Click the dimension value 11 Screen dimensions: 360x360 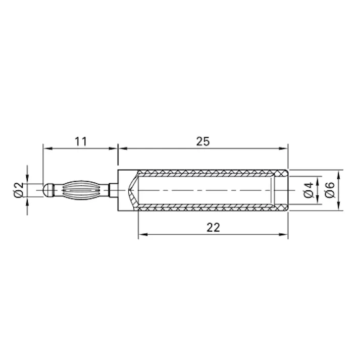[x=80, y=141]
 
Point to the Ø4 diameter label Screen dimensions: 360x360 [x=307, y=190]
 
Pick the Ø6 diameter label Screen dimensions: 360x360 [x=329, y=190]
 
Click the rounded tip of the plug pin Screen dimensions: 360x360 [x=47, y=190]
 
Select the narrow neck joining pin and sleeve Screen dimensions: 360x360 [x=114, y=190]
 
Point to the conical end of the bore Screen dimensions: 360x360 [x=133, y=190]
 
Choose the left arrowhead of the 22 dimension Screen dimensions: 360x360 [x=142, y=234]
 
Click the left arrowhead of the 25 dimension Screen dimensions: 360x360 [x=122, y=148]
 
